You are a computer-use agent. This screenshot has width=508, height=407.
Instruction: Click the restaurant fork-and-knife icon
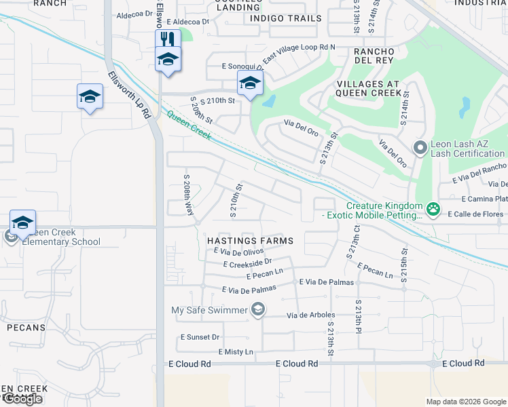click(x=166, y=39)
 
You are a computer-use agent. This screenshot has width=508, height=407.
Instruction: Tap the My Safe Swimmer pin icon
click(x=257, y=310)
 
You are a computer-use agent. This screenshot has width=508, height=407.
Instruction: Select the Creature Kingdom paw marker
click(x=433, y=207)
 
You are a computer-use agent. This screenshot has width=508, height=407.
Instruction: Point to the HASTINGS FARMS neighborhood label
click(x=250, y=241)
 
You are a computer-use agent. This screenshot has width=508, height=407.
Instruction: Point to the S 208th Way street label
click(x=188, y=194)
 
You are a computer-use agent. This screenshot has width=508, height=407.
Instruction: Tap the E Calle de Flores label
click(x=475, y=214)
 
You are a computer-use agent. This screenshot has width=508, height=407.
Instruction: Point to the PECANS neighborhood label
click(x=26, y=328)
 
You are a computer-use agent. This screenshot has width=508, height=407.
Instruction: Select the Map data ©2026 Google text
click(x=466, y=402)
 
